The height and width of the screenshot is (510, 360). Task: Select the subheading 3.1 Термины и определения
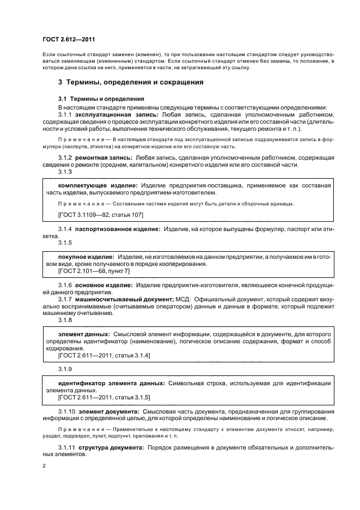pos(93,99)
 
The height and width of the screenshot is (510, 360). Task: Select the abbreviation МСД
pos(182,300)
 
